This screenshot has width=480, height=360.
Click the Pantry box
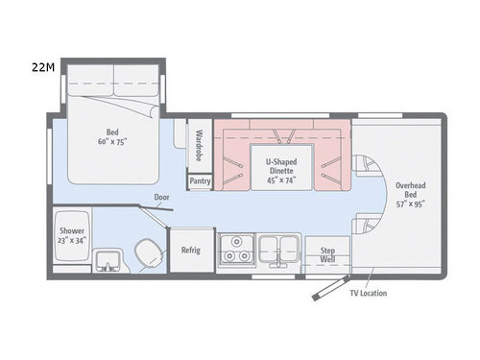coord(200,180)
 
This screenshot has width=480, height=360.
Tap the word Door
coord(162,199)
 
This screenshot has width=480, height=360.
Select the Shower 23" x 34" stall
coord(71,236)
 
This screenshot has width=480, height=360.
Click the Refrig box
coord(191,250)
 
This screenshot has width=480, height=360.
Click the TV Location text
coord(369,293)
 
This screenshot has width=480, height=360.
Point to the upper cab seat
coord(365,166)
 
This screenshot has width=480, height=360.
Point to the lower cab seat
coord(365,227)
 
